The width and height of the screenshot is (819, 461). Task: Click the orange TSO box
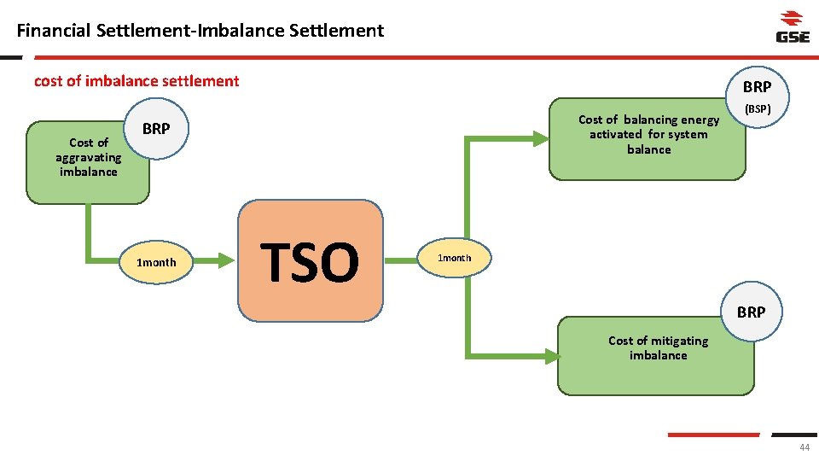pyautogui.click(x=311, y=261)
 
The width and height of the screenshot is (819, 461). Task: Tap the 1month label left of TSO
pyautogui.click(x=156, y=262)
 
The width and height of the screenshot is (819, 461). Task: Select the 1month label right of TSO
pyautogui.click(x=454, y=258)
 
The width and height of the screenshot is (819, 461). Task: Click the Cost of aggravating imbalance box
pyautogui.click(x=88, y=162)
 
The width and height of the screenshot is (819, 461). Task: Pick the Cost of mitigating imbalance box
pyautogui.click(x=656, y=357)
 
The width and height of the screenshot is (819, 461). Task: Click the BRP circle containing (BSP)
pyautogui.click(x=757, y=96)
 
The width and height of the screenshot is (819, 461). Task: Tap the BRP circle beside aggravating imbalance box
pyautogui.click(x=156, y=130)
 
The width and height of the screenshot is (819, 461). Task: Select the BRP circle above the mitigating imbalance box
pyautogui.click(x=751, y=312)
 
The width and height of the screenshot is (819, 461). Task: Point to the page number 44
pyautogui.click(x=804, y=448)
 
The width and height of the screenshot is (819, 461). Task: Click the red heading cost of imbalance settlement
pyautogui.click(x=136, y=81)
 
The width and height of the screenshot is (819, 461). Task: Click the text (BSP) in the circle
pyautogui.click(x=758, y=110)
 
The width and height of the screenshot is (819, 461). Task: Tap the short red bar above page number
pyautogui.click(x=713, y=435)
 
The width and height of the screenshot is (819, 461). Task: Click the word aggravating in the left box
pyautogui.click(x=89, y=157)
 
